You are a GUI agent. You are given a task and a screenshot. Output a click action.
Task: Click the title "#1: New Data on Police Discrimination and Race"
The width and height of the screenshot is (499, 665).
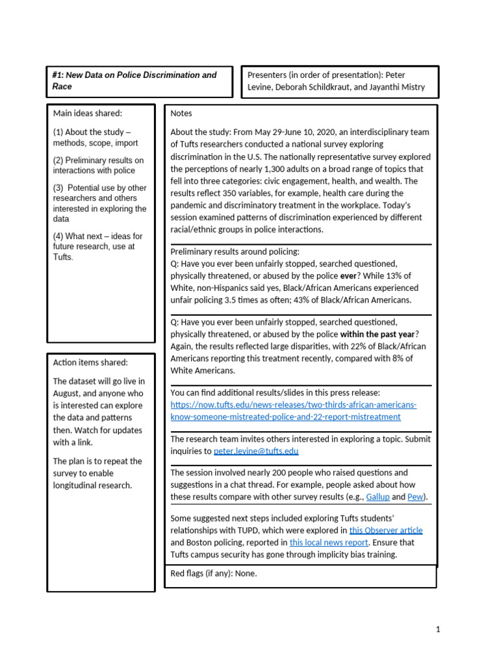click(134, 81)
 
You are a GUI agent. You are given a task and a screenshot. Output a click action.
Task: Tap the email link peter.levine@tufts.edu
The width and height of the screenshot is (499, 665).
click(247, 451)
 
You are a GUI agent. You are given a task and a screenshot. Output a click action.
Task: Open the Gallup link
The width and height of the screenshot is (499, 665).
click(377, 497)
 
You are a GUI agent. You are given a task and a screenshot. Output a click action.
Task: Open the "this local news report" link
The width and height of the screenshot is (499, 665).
click(329, 542)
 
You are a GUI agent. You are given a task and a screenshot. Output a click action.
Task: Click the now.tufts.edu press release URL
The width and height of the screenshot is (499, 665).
click(293, 410)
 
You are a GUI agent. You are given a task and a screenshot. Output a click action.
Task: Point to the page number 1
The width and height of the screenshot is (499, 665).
click(439, 629)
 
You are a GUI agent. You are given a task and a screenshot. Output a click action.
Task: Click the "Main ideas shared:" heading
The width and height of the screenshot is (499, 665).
click(88, 114)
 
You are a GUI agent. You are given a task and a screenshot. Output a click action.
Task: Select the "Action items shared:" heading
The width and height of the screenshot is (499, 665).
click(90, 362)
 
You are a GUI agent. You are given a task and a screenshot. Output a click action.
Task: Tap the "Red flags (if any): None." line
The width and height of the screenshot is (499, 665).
click(213, 573)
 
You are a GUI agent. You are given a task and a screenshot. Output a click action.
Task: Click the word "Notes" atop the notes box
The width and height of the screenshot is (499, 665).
click(181, 114)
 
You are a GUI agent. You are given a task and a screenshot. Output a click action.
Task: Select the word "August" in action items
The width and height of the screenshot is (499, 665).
click(68, 394)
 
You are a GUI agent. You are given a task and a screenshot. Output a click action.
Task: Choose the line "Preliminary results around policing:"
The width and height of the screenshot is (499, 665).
click(235, 252)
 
